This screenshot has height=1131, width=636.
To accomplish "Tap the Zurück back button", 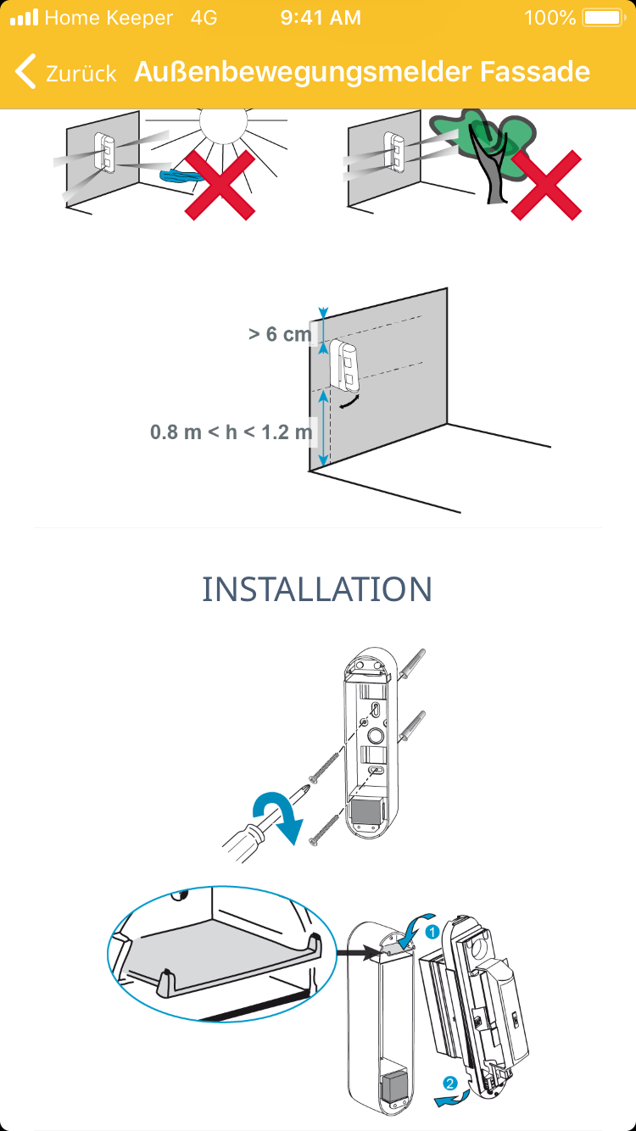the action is point(65,72).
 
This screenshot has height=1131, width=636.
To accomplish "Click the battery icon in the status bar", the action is point(604,18).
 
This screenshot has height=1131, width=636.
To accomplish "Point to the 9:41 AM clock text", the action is point(321,18).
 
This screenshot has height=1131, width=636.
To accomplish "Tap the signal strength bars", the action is point(25,18).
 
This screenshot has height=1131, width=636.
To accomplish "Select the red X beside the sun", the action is point(220,185).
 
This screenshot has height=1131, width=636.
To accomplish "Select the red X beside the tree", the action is point(547,185).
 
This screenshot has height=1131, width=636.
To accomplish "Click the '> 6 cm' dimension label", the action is point(280,334).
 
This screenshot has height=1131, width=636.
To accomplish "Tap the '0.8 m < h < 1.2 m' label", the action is point(231,432).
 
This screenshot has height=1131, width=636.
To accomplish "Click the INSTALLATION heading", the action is point(317,588).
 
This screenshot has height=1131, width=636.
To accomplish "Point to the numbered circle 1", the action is point(432,932).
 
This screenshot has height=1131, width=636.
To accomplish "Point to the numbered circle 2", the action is point(450,1083).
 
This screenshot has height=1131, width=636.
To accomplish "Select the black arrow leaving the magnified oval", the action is point(359,953).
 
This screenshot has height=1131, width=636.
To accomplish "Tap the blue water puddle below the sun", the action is point(181,175).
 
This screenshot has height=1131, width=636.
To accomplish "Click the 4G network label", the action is point(204,18).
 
